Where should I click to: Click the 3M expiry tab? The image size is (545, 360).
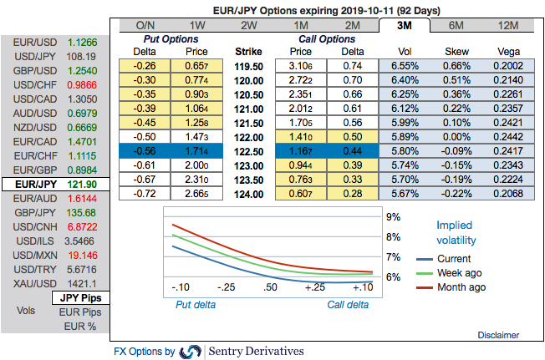(404, 25)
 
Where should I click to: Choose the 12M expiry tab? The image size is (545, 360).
(507, 25)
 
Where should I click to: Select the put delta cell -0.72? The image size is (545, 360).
(145, 193)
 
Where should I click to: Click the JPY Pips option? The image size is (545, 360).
(79, 297)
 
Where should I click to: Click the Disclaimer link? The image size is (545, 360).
(499, 335)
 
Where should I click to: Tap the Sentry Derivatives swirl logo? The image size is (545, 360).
(191, 351)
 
